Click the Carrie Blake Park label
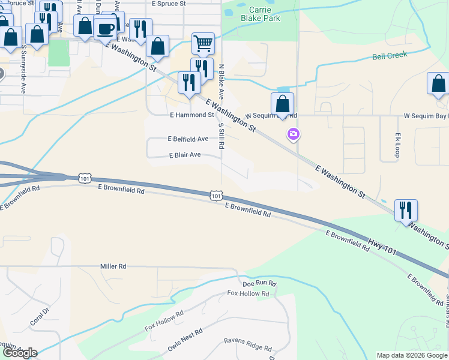point(261,14)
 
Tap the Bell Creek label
point(390,55)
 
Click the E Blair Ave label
point(185,155)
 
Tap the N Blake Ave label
point(221,82)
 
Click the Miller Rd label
point(113,266)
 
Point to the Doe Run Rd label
point(259,283)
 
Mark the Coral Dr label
point(38,318)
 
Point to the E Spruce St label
point(169,4)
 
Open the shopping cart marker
point(203,43)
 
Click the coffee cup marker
point(106,28)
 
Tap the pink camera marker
point(294,134)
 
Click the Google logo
point(19,353)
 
